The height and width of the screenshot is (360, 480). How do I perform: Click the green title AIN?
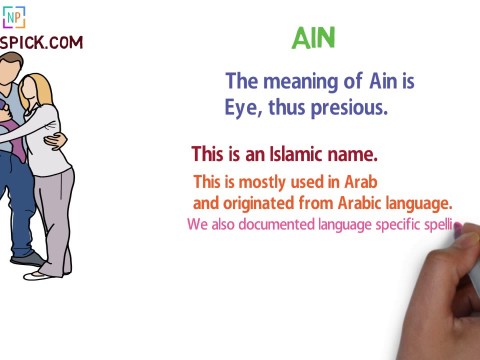[x=313, y=38]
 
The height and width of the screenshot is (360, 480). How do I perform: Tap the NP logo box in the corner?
[x=14, y=16]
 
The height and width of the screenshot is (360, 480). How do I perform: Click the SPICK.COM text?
[x=41, y=43]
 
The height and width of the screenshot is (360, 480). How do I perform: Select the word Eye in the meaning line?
[x=243, y=108]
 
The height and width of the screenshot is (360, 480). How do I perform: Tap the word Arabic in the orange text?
[x=361, y=203]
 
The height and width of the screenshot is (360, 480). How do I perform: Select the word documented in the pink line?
[x=278, y=225]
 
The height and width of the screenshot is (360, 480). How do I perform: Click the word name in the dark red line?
[x=355, y=155]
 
